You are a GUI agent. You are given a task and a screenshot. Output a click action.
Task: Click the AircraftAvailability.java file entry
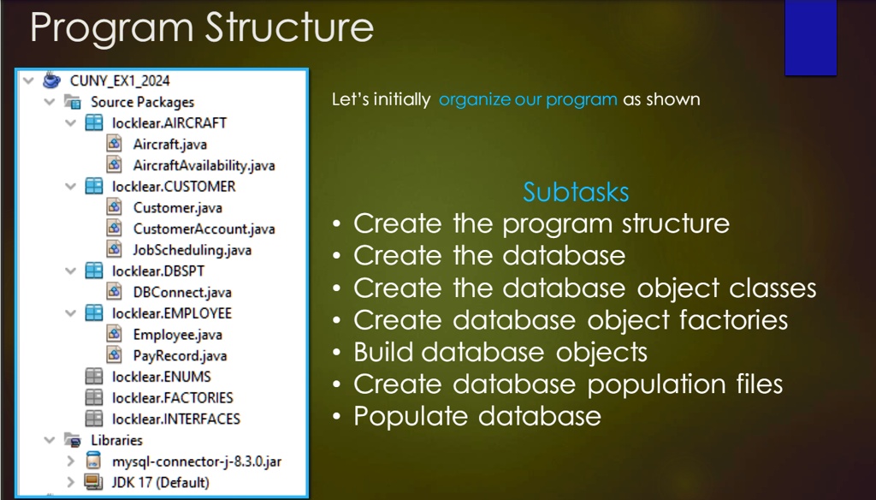pos(204,165)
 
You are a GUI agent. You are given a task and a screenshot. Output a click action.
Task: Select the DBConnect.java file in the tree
pos(182,292)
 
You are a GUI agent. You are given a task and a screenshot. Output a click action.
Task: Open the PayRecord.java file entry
pos(180,355)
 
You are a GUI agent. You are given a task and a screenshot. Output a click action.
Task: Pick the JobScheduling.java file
pos(192,250)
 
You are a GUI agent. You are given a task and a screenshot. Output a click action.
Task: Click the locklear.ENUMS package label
pos(162,377)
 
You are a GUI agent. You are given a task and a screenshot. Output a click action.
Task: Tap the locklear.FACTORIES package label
pos(173,397)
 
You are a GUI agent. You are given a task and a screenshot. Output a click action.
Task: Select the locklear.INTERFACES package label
pos(176,419)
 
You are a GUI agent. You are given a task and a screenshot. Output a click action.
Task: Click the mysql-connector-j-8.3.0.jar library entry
pos(197,461)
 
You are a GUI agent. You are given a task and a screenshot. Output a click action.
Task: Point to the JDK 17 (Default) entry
pos(160,482)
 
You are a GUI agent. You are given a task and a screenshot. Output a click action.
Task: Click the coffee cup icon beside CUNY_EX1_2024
pos(51,80)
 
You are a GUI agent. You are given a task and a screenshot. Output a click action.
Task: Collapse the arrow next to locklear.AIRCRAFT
pos(71,122)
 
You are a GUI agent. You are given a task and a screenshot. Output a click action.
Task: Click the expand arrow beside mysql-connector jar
pos(71,461)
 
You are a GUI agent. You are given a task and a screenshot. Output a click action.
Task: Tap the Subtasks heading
pos(576,192)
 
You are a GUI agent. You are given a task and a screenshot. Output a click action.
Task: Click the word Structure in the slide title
pos(289,27)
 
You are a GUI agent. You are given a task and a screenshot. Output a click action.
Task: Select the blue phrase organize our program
pos(528,99)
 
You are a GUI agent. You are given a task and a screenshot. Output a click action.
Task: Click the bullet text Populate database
pos(477,416)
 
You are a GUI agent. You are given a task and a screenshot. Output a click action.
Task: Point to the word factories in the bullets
pos(733,320)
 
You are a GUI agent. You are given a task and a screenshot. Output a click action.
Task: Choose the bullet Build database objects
pos(500,353)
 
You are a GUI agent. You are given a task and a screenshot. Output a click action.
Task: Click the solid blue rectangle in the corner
pos(811,38)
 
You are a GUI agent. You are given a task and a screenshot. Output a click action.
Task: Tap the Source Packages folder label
pos(143,102)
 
